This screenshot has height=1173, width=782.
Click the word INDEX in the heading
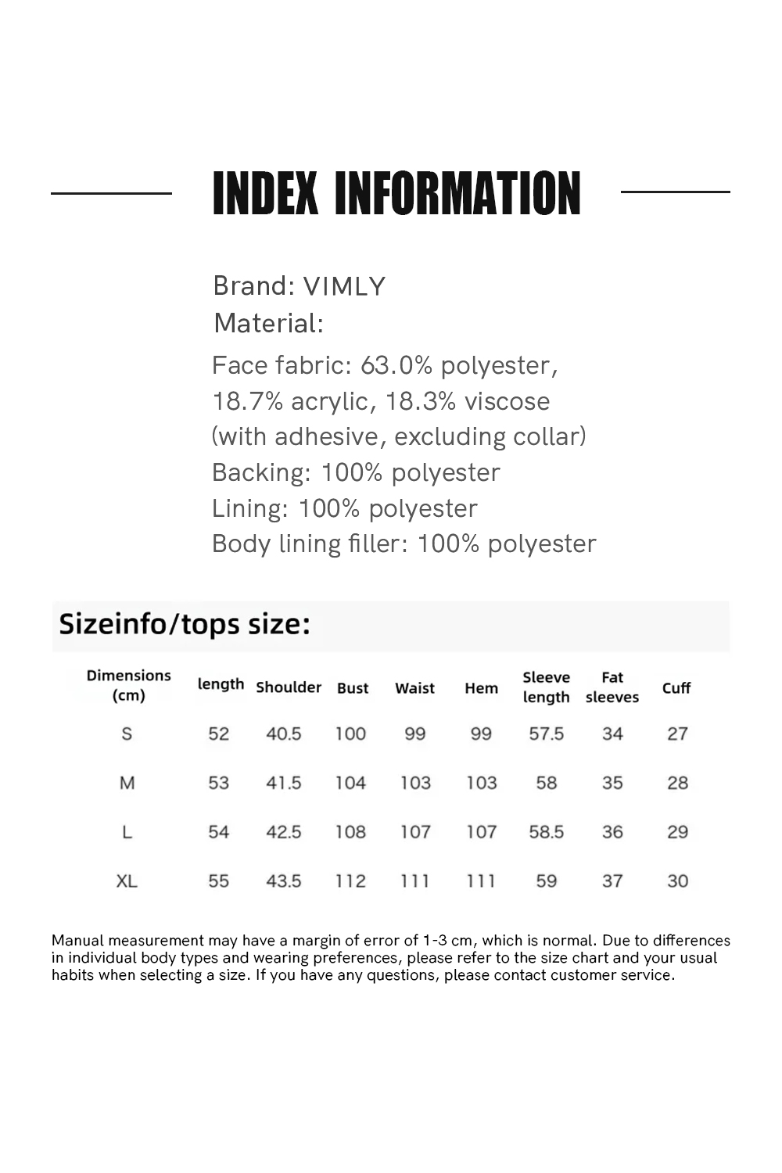pyautogui.click(x=265, y=194)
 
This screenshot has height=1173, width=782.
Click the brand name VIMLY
pyautogui.click(x=344, y=286)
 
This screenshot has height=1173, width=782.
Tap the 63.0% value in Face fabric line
pyautogui.click(x=396, y=365)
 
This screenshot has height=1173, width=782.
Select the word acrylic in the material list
pyautogui.click(x=328, y=401)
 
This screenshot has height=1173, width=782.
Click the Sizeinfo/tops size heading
pyautogui.click(x=185, y=624)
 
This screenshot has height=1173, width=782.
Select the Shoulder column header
pyautogui.click(x=289, y=687)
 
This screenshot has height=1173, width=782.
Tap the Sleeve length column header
pyautogui.click(x=546, y=687)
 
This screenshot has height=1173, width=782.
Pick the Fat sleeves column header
pyautogui.click(x=612, y=687)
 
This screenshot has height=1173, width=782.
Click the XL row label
pyautogui.click(x=127, y=881)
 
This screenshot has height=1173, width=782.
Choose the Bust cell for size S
pyautogui.click(x=350, y=734)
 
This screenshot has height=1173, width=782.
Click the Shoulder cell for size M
pyautogui.click(x=283, y=783)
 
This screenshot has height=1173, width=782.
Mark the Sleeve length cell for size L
pyautogui.click(x=546, y=832)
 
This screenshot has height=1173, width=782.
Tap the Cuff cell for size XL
pyautogui.click(x=677, y=881)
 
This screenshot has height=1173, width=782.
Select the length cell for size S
pyautogui.click(x=218, y=734)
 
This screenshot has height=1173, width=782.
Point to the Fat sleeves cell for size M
pyautogui.click(x=612, y=783)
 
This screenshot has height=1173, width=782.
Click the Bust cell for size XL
pyautogui.click(x=350, y=881)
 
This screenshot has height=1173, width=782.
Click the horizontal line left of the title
pyautogui.click(x=111, y=192)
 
